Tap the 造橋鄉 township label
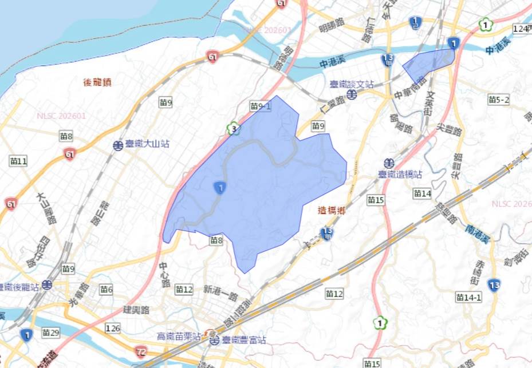pos(332,211)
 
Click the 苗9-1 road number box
pos(261,106)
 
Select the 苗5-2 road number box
pos(499,100)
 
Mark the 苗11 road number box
pos(18,161)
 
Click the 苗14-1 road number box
pos(469,297)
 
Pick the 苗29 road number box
pos(50,333)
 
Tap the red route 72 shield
pos(141,350)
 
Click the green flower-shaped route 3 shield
pos(234,129)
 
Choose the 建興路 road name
pos(136,310)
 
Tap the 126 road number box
pos(113,328)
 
